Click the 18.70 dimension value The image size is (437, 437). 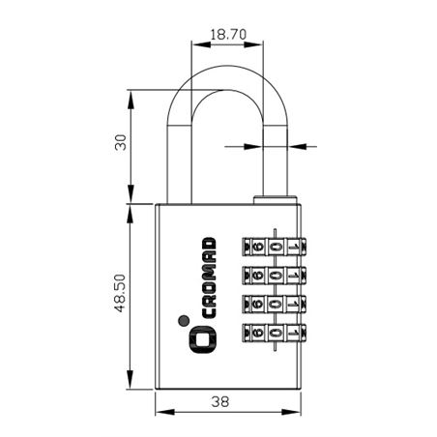click(x=228, y=34)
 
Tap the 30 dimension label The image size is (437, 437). click(x=121, y=142)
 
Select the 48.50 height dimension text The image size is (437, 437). click(x=120, y=293)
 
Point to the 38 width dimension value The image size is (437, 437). click(x=220, y=402)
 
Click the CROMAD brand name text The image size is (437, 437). click(x=209, y=277)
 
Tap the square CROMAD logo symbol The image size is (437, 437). click(x=202, y=339)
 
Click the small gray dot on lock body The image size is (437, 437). click(x=184, y=320)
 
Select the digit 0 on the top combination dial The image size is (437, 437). click(x=276, y=248)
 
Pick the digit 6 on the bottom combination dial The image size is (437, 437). click(x=258, y=332)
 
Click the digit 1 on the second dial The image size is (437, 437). click(x=293, y=276)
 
